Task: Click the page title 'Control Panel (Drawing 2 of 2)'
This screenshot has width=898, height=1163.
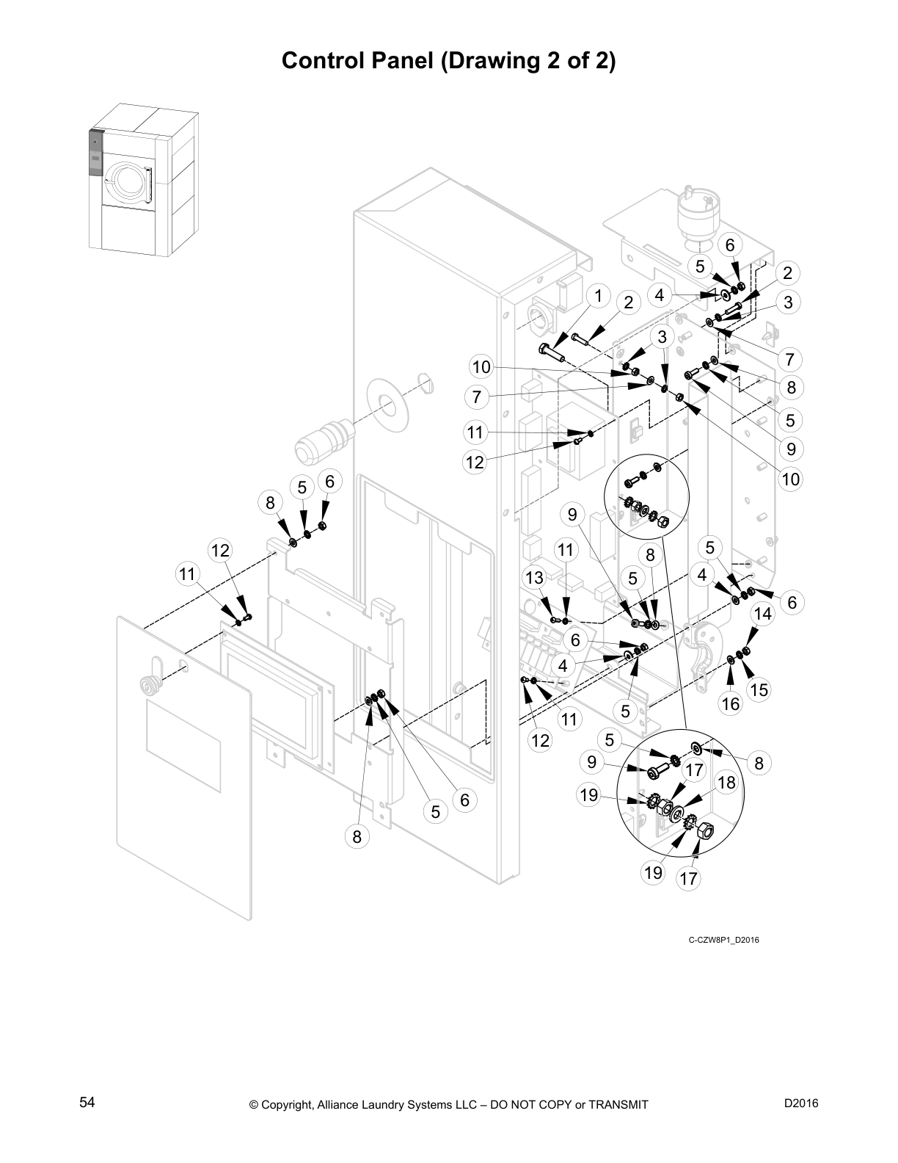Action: pos(448,60)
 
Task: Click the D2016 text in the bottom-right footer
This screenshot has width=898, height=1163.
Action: pos(800,1104)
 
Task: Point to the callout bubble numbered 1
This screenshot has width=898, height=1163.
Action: pos(598,295)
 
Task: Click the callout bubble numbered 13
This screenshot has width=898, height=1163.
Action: pos(534,577)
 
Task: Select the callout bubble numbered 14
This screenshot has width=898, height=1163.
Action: pos(763,614)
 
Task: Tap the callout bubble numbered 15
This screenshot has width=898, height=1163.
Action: pos(759,689)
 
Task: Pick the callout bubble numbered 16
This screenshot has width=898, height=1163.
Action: pos(731,703)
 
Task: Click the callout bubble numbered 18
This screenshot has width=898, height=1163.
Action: pos(726,783)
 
